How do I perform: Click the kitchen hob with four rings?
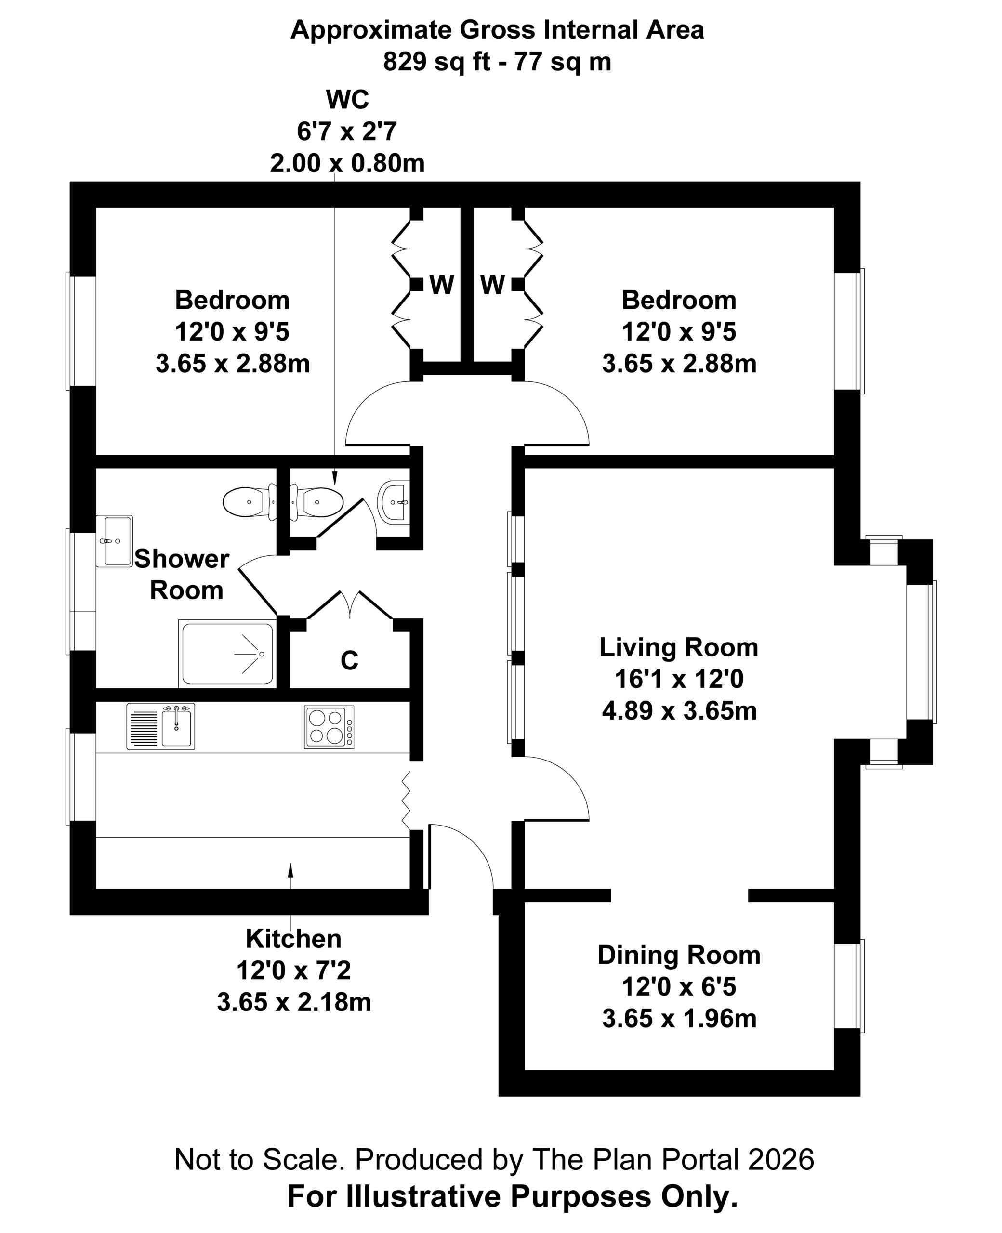329,727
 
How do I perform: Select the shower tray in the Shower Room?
227,653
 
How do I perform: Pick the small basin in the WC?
394,501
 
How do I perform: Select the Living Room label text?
679,647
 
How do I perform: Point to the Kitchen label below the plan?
293,939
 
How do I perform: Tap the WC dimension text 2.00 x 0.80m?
347,163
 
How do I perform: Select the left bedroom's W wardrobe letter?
442,285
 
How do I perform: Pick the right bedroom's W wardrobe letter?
492,285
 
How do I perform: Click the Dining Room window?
849,985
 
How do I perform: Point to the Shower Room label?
183,575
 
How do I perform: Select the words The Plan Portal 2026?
673,1159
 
